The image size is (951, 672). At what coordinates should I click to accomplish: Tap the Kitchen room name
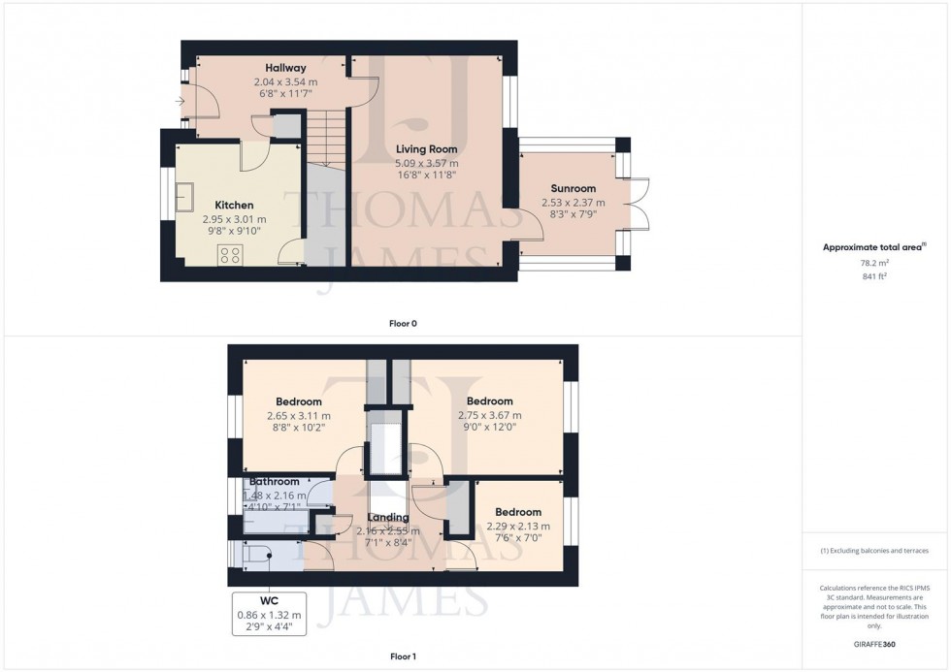click(234, 206)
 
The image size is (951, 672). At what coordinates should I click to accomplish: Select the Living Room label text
click(426, 149)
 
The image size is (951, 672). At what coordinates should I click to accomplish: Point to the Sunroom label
click(573, 188)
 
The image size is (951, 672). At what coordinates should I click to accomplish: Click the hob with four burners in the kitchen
click(230, 254)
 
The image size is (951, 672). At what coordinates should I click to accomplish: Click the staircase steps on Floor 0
click(328, 137)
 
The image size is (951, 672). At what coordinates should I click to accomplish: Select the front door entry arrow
click(180, 100)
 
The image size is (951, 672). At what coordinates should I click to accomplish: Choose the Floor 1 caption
click(403, 656)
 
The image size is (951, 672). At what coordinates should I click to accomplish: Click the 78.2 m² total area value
click(876, 262)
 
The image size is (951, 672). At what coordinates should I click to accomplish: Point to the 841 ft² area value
click(876, 276)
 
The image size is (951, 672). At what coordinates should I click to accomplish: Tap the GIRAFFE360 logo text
click(876, 644)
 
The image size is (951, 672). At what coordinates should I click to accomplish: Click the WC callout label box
click(269, 614)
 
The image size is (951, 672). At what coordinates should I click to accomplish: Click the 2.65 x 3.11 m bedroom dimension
click(299, 416)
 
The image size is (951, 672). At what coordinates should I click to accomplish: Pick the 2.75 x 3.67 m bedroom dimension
click(489, 416)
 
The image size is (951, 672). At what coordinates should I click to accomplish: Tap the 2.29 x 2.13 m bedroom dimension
click(517, 527)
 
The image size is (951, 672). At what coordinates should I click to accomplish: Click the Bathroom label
click(275, 481)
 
